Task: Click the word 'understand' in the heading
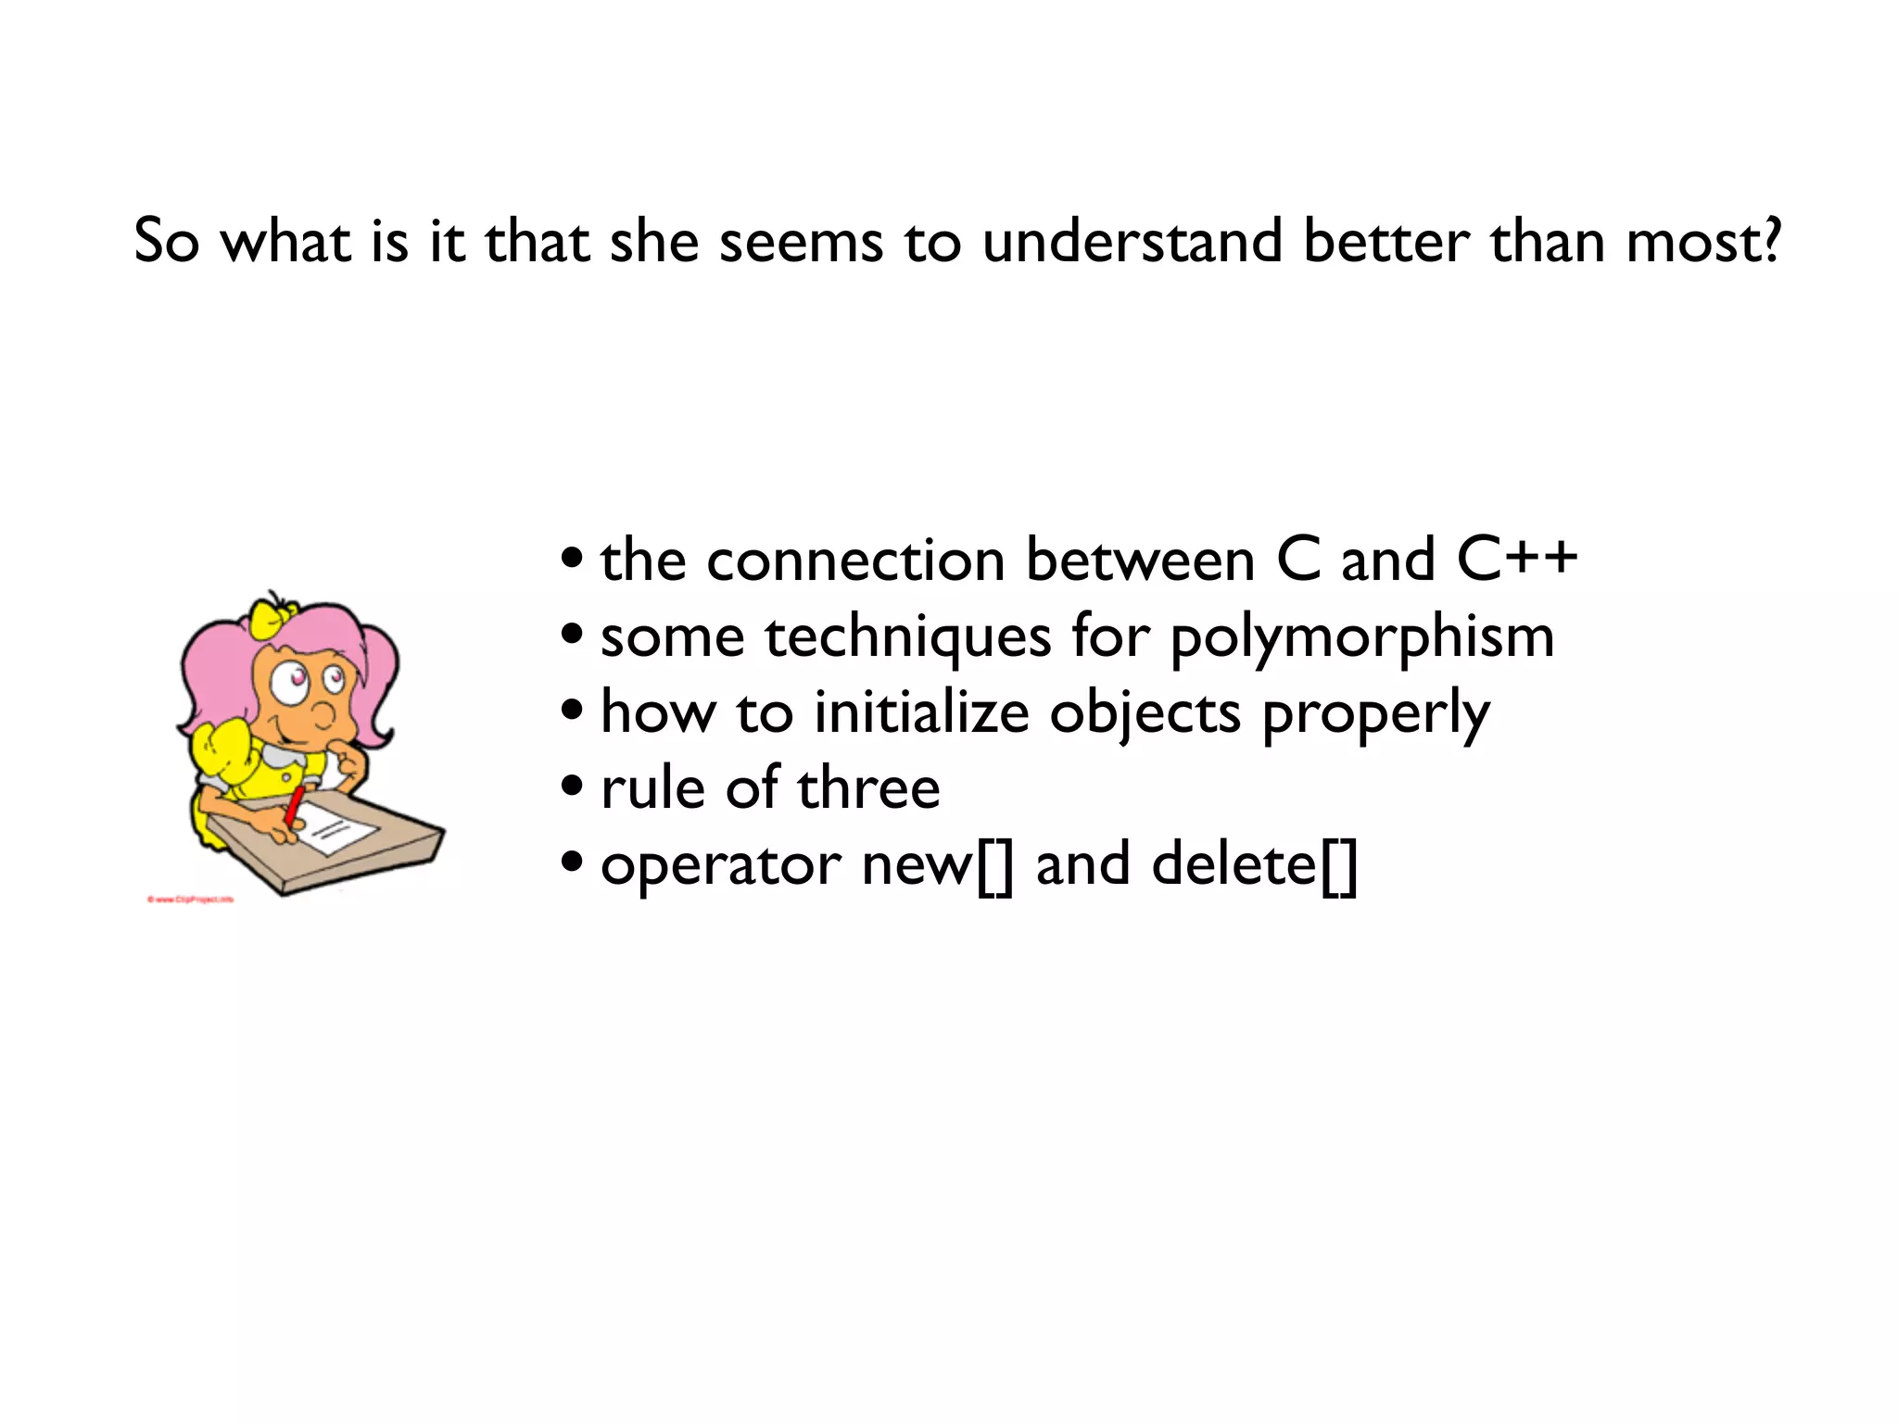pos(1132,242)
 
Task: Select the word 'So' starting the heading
pos(167,242)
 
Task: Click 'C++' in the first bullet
pos(1516,560)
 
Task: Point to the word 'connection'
pos(855,561)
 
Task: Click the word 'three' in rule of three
pos(868,789)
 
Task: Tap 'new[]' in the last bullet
pos(937,865)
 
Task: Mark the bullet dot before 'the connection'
pos(573,559)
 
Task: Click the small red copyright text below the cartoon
pos(190,899)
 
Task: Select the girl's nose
pos(323,714)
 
